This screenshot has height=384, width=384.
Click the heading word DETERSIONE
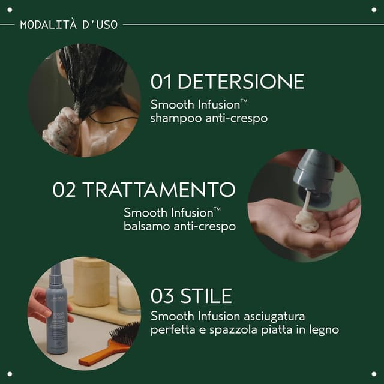point(241,82)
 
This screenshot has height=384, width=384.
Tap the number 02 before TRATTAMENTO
point(65,190)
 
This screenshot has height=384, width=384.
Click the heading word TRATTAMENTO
point(159,190)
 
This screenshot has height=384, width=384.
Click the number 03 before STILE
point(163,297)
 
